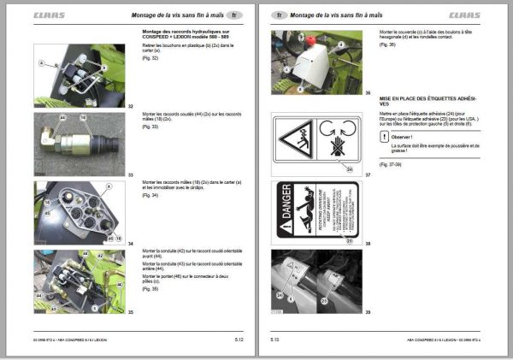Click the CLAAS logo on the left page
[x=49, y=15]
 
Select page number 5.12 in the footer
[x=241, y=340]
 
